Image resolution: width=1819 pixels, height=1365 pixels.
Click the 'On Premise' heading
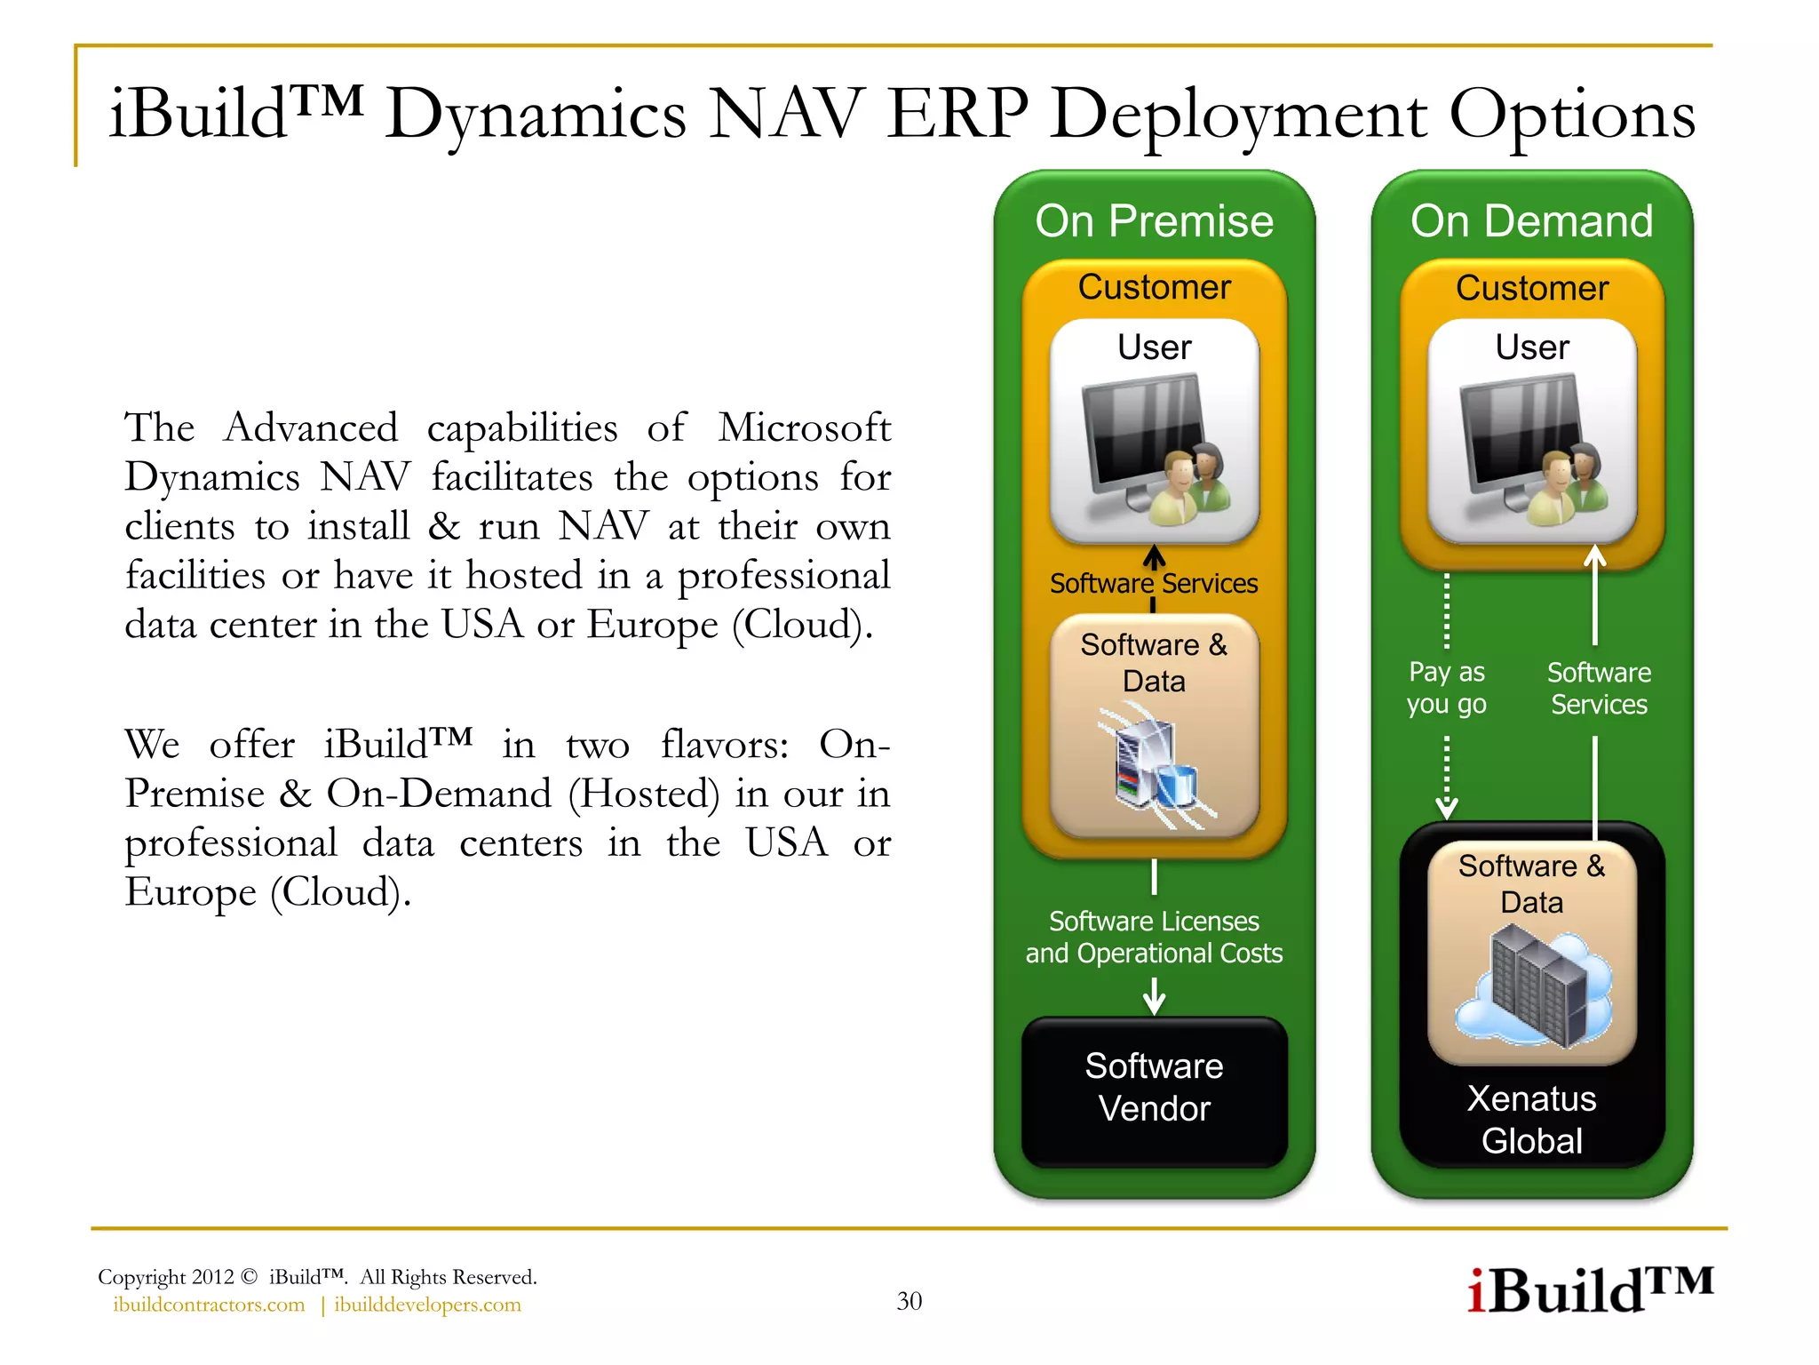coord(1154,221)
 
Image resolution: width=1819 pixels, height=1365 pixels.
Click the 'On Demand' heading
coord(1531,221)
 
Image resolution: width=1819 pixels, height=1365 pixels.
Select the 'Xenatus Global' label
coord(1531,1120)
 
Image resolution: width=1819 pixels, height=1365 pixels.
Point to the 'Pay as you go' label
coord(1446,688)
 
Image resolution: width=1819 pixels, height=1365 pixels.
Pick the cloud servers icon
coord(1534,986)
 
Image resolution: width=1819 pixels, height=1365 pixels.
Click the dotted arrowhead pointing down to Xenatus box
coord(1446,808)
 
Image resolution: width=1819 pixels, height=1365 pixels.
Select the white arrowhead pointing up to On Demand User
coord(1595,557)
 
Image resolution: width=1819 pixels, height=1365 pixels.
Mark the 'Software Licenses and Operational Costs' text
coord(1154,937)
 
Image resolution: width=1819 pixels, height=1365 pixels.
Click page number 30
coord(909,1301)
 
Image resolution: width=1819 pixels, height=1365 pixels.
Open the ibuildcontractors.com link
coord(209,1305)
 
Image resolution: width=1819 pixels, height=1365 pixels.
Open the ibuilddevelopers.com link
coord(427,1305)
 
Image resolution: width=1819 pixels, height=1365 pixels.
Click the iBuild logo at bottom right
coord(1589,1290)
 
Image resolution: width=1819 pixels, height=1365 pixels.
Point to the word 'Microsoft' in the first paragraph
coord(804,427)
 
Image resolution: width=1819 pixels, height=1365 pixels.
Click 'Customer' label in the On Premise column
coord(1154,287)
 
